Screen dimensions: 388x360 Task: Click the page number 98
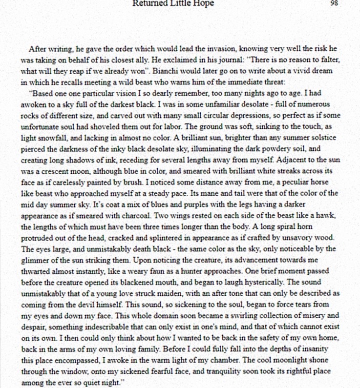[x=335, y=2]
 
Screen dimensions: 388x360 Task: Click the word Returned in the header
[x=148, y=3]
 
